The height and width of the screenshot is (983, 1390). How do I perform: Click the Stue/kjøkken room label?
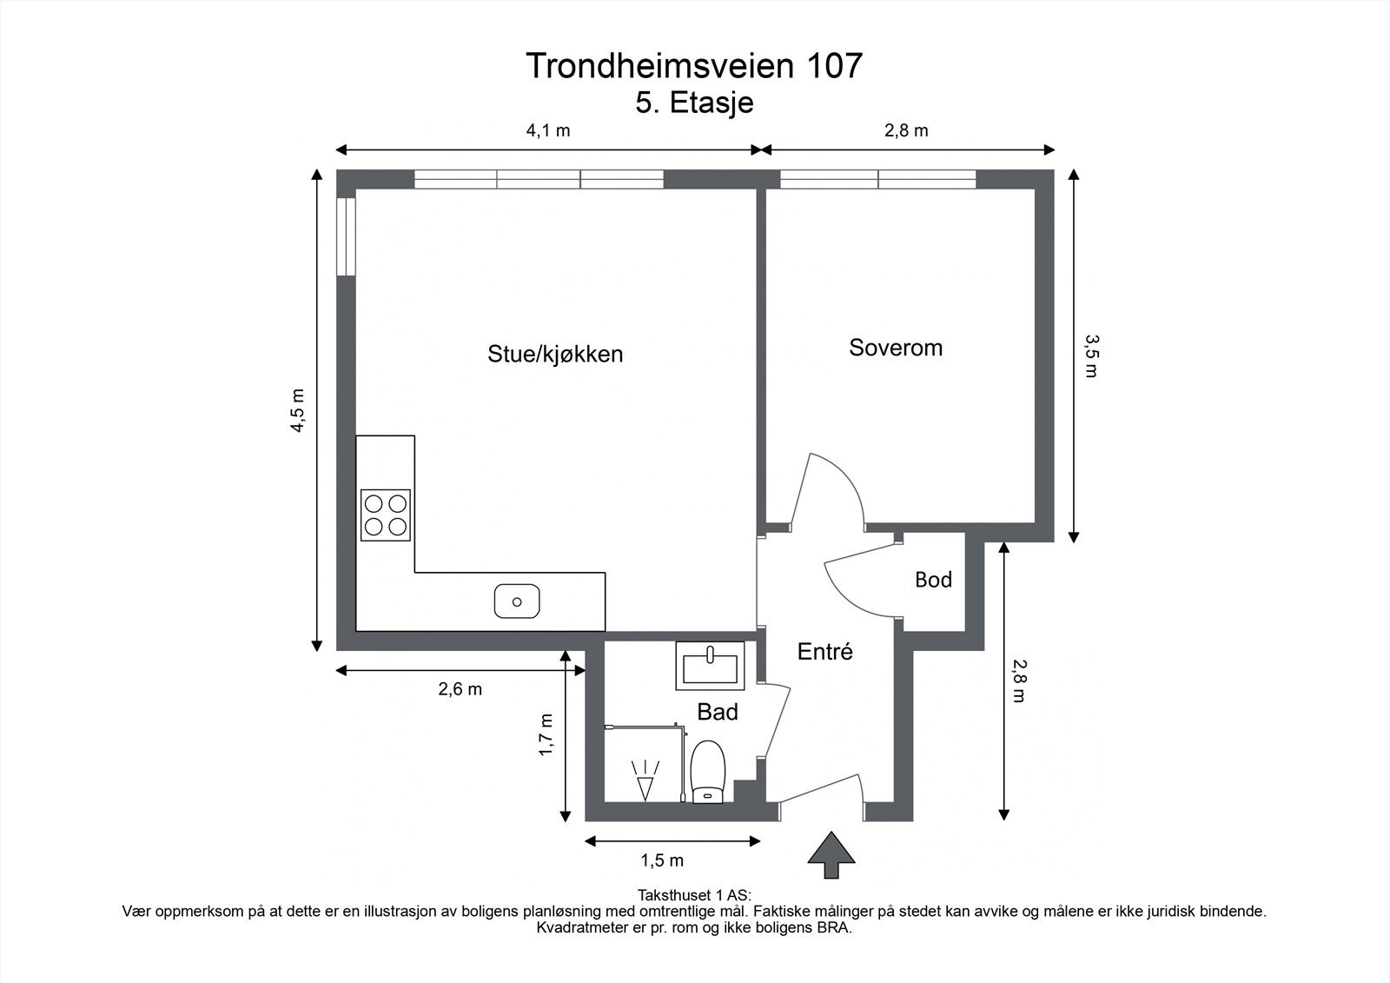coord(555,354)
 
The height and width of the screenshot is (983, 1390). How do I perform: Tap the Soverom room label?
coord(896,348)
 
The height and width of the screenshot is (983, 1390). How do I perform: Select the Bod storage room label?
coord(933,580)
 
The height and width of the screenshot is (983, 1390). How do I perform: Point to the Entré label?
coord(825,652)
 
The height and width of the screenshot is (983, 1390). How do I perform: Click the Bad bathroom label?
coord(718,713)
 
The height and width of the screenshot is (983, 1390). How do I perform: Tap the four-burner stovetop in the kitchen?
coord(386,515)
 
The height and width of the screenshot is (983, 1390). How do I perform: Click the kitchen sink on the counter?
coord(517,601)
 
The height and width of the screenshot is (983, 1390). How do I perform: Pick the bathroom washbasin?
coord(710,667)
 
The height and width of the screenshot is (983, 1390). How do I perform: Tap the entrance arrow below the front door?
coord(831,854)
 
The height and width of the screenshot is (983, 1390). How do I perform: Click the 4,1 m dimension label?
coord(548,131)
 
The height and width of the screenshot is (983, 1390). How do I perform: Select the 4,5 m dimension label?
coord(298,408)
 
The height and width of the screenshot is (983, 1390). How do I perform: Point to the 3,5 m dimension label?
coord(1090,355)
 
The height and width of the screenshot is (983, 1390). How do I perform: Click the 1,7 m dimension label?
coord(546,734)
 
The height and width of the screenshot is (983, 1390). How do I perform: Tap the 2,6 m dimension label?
coord(460,689)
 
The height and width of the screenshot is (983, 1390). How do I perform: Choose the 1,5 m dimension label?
coord(662,860)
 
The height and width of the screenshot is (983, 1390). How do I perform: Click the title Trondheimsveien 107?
coord(694,65)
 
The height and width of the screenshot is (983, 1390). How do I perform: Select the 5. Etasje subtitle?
coord(694,103)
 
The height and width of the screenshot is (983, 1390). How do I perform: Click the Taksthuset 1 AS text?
coord(694,894)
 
